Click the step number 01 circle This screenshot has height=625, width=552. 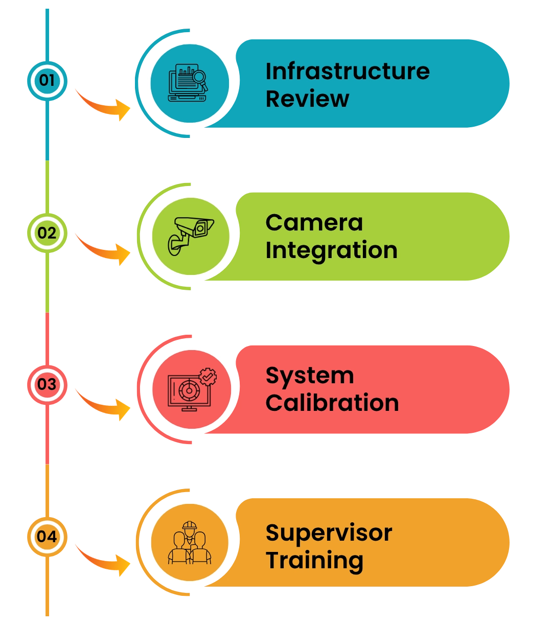[x=47, y=80]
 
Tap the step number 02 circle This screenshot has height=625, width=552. [x=47, y=233]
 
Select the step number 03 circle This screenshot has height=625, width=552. [x=47, y=384]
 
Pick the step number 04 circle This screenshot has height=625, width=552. [x=47, y=537]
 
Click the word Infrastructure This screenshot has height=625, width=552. [x=347, y=71]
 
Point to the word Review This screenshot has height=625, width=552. [x=307, y=99]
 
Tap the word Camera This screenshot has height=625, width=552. [x=314, y=223]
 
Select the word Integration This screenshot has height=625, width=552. [x=331, y=250]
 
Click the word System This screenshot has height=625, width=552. [x=309, y=376]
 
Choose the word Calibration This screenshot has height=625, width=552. [x=332, y=403]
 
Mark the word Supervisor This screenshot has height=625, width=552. [x=329, y=533]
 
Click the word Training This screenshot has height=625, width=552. [x=314, y=561]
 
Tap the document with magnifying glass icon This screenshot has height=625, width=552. [x=189, y=82]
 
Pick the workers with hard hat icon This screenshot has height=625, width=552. [x=189, y=542]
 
